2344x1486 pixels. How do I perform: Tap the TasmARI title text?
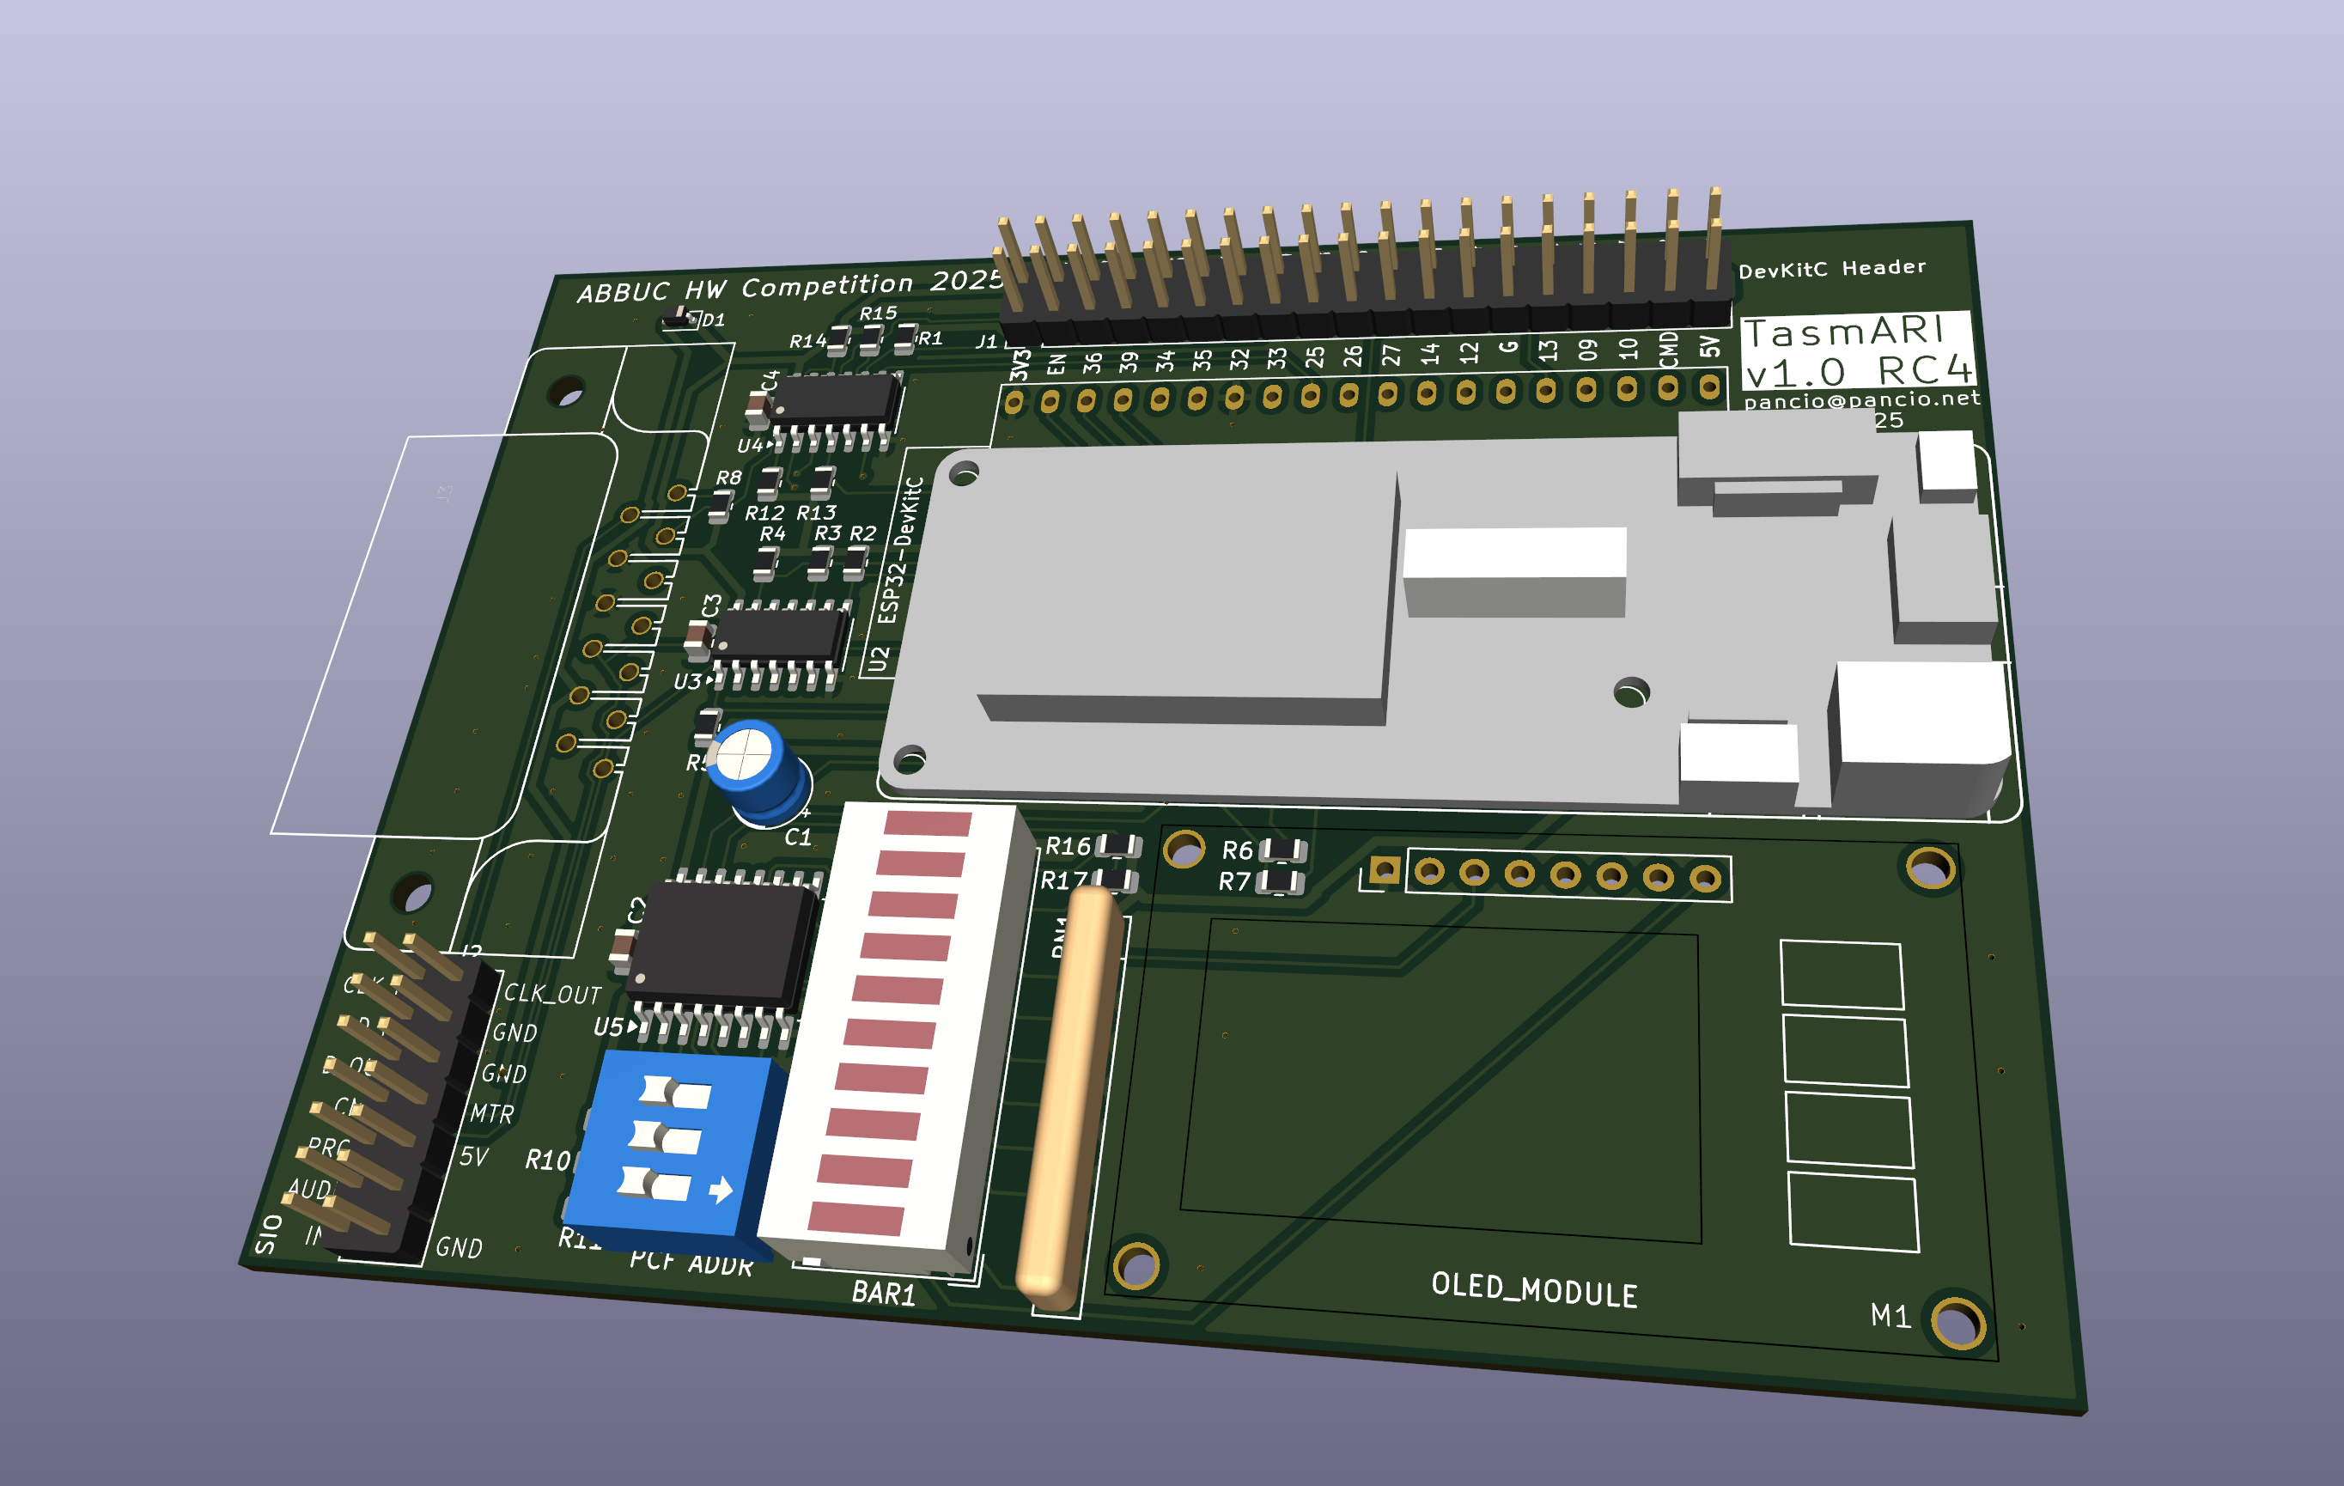click(1842, 332)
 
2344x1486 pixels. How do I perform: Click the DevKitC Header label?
click(1831, 269)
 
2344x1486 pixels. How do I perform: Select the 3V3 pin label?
click(1020, 364)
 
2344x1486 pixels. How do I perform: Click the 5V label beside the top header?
click(1709, 347)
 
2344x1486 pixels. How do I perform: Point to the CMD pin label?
click(1668, 350)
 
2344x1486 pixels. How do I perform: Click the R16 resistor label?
click(1067, 847)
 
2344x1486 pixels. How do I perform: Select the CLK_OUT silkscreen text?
click(552, 994)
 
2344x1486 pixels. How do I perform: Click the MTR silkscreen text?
click(491, 1113)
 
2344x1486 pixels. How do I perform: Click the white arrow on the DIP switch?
click(721, 1189)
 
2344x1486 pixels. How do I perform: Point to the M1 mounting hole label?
click(1890, 1316)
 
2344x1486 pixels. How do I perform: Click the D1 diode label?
click(714, 320)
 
